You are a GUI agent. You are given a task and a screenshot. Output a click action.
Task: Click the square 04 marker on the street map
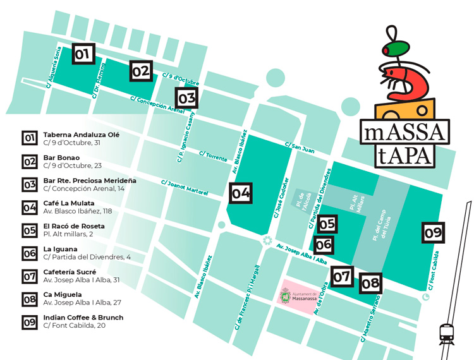pyautogui.click(x=240, y=193)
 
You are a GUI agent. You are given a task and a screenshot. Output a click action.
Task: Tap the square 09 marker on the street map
pyautogui.click(x=433, y=232)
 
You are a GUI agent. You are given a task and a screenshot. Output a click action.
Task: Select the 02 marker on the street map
pyautogui.click(x=141, y=71)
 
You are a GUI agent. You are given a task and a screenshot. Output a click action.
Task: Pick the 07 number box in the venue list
pyautogui.click(x=29, y=276)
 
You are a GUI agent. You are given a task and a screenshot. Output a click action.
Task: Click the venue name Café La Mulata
pyautogui.click(x=69, y=203)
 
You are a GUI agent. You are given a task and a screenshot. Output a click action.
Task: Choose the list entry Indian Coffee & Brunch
pyautogui.click(x=83, y=317)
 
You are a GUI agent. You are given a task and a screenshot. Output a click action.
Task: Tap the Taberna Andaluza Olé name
pyautogui.click(x=82, y=135)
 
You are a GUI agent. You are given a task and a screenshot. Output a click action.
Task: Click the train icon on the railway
pyautogui.click(x=447, y=333)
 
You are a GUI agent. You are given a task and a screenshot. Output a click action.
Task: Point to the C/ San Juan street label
pyautogui.click(x=300, y=147)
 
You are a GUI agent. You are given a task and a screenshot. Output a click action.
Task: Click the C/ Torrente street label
pyautogui.click(x=212, y=155)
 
